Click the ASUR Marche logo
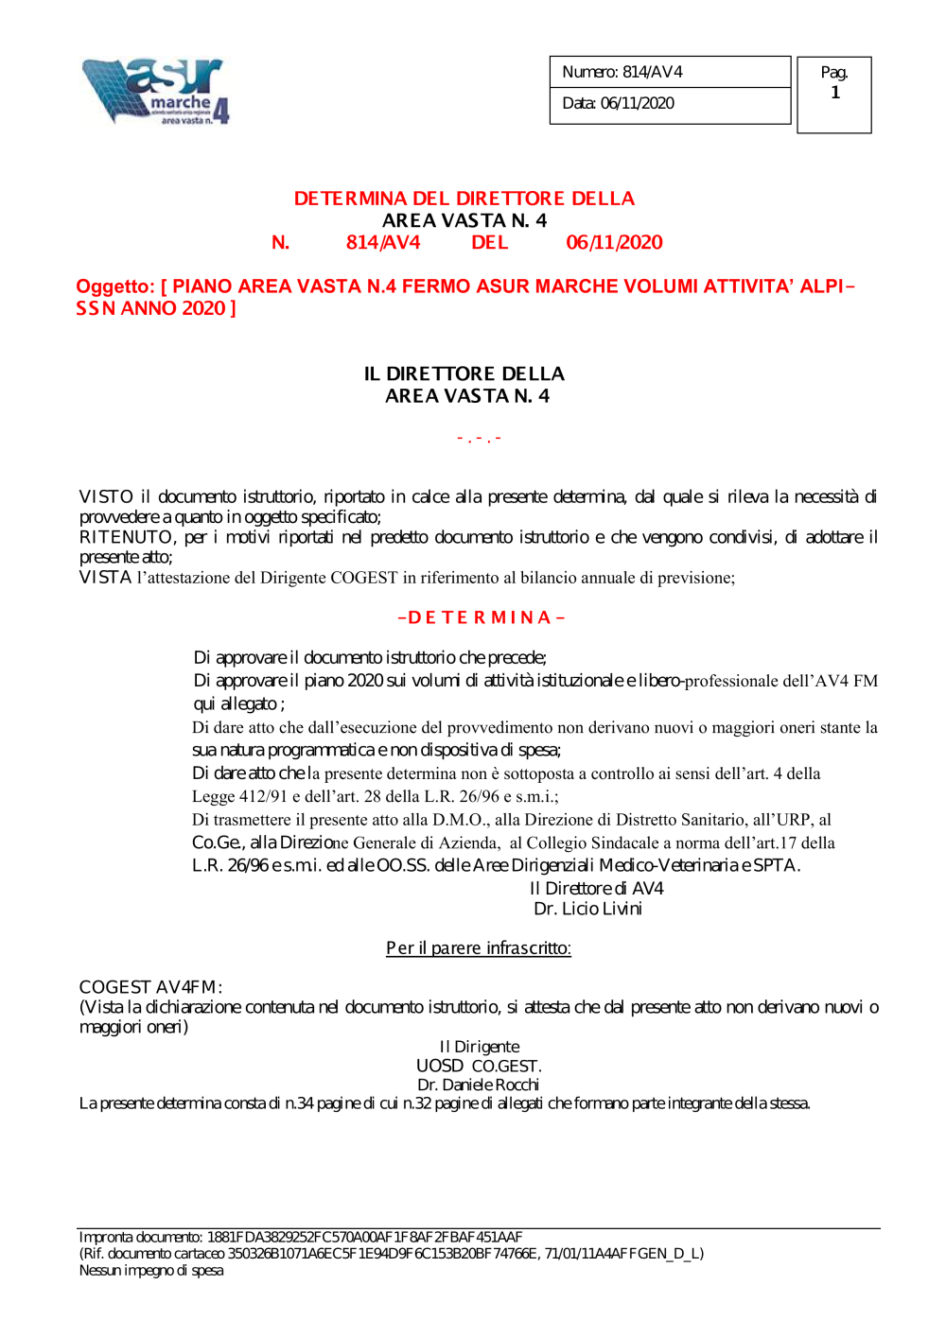click(x=156, y=91)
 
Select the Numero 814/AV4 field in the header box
click(x=622, y=72)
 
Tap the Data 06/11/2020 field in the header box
click(x=618, y=103)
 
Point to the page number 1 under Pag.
click(x=834, y=93)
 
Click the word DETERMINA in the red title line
click(x=350, y=199)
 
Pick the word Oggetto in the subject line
click(x=114, y=286)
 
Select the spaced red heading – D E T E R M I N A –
click(x=481, y=617)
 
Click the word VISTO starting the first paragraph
click(x=106, y=496)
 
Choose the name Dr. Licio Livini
click(x=587, y=909)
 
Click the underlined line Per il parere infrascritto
click(x=478, y=947)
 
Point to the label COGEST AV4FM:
click(x=150, y=987)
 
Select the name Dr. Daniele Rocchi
click(x=478, y=1085)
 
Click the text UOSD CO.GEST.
click(x=478, y=1066)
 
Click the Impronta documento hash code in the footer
click(x=364, y=1237)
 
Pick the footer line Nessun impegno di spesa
click(x=151, y=1271)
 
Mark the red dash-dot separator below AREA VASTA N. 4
click(x=479, y=439)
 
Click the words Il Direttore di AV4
click(x=596, y=888)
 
